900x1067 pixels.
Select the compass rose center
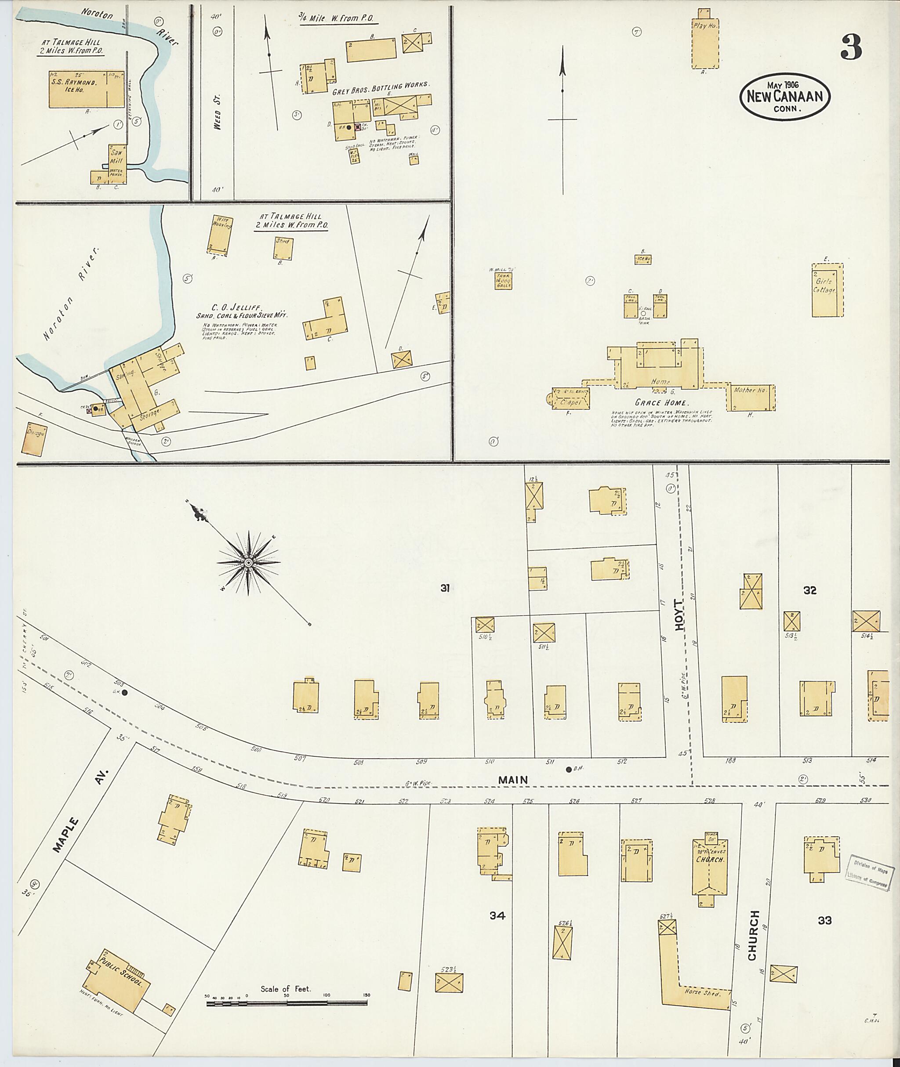point(248,563)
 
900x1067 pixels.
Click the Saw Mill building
point(117,160)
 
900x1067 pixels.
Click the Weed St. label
point(218,118)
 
